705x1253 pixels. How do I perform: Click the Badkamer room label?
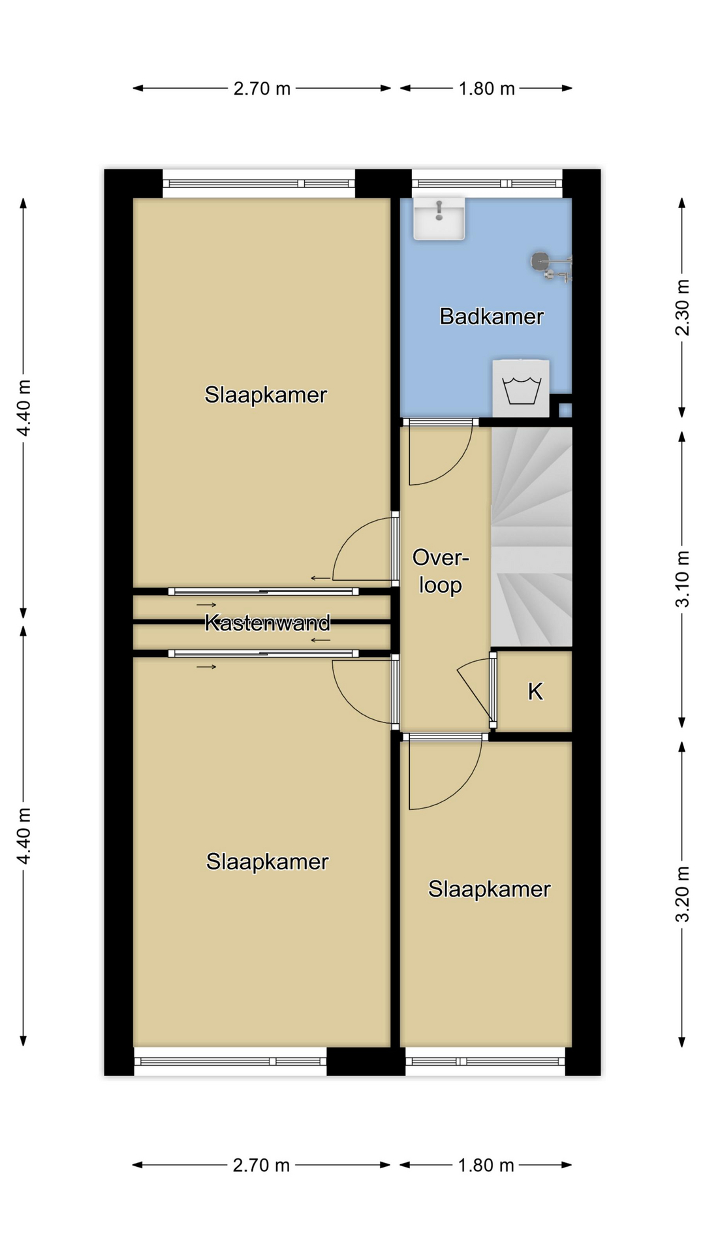click(491, 317)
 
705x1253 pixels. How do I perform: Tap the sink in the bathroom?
click(439, 219)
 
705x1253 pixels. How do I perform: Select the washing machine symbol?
click(521, 389)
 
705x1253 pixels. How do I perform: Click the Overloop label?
click(441, 572)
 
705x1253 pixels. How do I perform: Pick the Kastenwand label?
click(267, 623)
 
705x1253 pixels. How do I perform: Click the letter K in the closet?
click(535, 691)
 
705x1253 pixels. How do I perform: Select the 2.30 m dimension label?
click(681, 307)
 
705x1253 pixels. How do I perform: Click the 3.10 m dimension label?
click(681, 579)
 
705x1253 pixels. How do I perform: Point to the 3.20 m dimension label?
click(681, 893)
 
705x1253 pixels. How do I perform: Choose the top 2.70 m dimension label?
click(262, 88)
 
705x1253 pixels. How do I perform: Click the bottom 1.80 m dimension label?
click(486, 1165)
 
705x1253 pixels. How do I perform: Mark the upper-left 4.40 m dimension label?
click(23, 408)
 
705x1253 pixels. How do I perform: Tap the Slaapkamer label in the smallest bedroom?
click(489, 889)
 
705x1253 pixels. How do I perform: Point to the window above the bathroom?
click(487, 183)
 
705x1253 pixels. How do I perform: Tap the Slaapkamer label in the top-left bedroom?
click(266, 395)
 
